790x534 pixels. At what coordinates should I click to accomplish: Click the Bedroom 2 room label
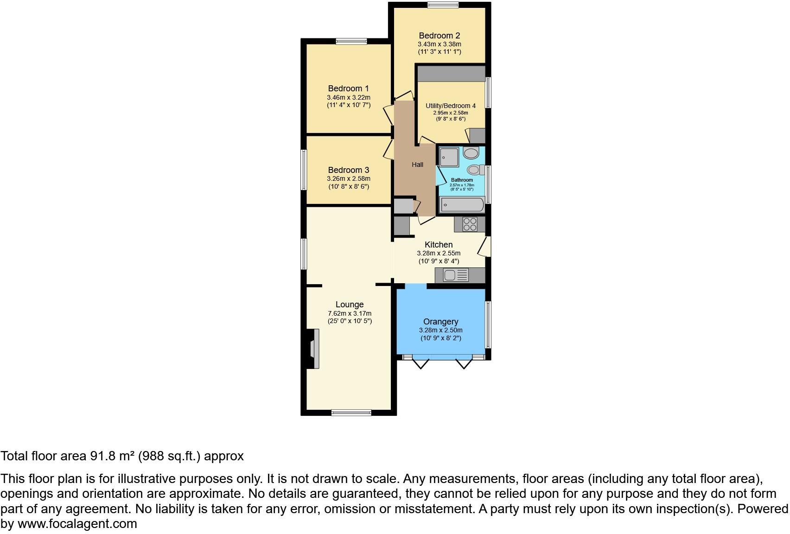pos(439,36)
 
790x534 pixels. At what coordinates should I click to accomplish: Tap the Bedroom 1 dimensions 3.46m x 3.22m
pos(348,97)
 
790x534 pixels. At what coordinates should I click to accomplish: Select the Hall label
pos(417,165)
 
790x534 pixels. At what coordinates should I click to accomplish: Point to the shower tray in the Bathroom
pos(448,157)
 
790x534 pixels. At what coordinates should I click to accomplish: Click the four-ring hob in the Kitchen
pos(470,224)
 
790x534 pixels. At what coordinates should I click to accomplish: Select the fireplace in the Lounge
pos(313,349)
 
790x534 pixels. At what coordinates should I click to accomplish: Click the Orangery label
pos(440,322)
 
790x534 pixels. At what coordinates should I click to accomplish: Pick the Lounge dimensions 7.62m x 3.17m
pos(350,313)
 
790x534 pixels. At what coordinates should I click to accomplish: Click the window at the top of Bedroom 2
pos(443,5)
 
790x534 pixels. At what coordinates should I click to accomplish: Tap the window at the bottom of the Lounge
pos(351,412)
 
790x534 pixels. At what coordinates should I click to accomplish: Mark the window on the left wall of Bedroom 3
pos(304,169)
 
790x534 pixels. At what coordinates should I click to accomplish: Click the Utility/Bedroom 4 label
pos(451,106)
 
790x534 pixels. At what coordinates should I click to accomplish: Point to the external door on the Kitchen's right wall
pos(485,246)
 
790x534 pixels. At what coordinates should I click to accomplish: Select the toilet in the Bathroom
pos(475,170)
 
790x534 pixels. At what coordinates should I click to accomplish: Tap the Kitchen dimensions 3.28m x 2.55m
pos(439,253)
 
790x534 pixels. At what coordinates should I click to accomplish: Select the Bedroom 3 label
pos(348,170)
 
